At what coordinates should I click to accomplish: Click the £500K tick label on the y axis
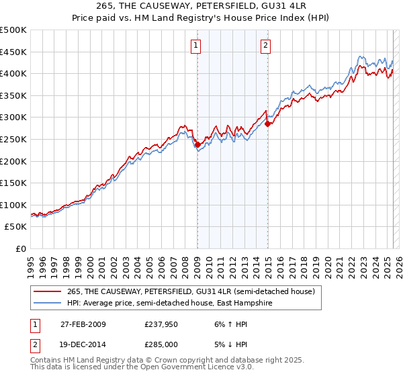tap(13, 30)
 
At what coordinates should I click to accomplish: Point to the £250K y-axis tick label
tap(13, 139)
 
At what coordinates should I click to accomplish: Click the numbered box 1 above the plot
tap(195, 46)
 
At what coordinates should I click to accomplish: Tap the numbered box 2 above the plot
tap(266, 46)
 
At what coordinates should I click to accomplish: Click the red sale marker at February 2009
tap(197, 144)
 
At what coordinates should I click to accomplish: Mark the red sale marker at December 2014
tap(267, 124)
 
